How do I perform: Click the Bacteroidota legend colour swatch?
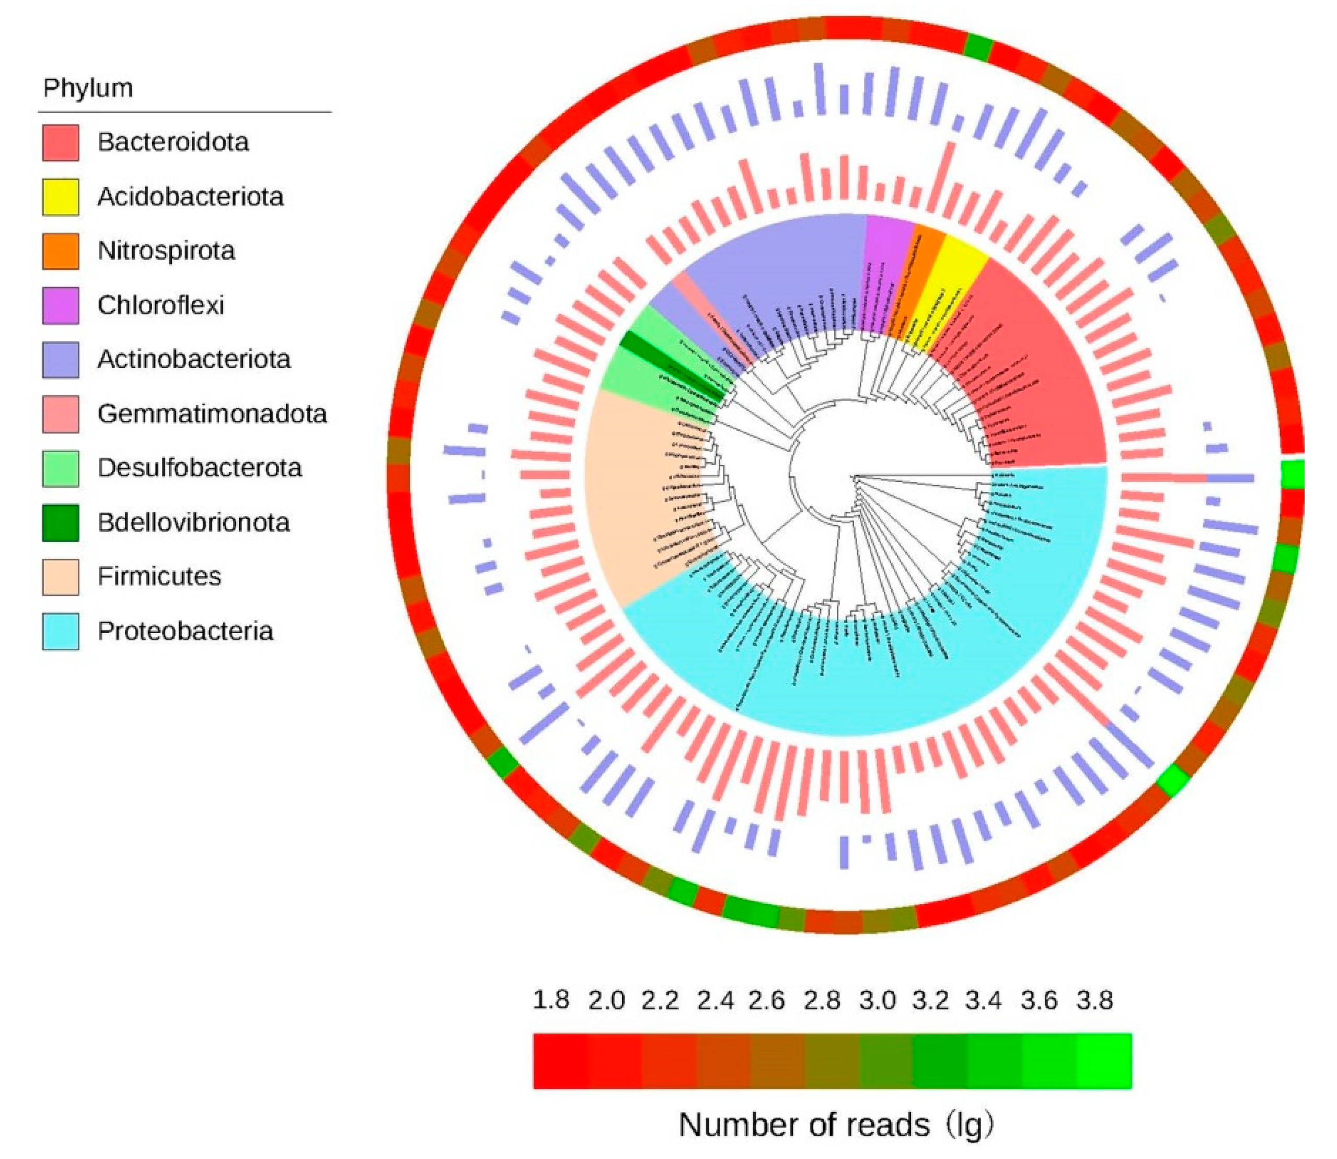61,142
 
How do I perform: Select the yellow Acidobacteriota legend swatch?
61,197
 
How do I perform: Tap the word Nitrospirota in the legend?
166,251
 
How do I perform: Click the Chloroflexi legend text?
161,305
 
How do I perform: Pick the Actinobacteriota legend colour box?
61,360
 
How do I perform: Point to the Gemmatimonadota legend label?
212,414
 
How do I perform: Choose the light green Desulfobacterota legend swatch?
61,468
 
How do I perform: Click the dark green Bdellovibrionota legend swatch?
61,523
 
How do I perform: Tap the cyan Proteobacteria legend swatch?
61,631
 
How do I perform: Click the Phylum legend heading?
88,88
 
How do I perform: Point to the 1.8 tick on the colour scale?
551,1000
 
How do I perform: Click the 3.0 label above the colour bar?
878,1000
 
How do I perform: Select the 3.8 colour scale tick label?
1094,1000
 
